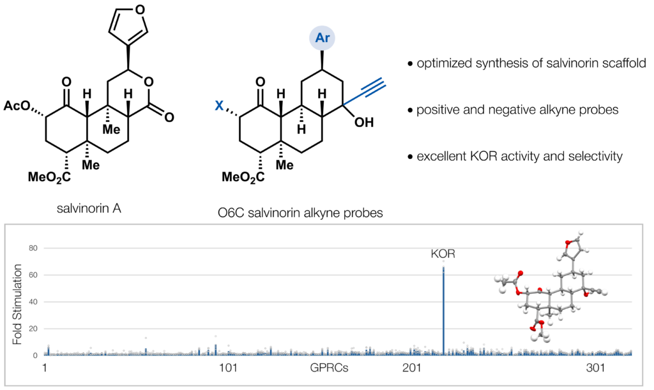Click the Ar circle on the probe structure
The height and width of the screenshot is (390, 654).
point(322,38)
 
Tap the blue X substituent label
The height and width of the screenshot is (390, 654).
point(219,106)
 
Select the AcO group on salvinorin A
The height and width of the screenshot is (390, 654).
point(17,106)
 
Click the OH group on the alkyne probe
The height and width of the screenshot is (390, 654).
point(363,122)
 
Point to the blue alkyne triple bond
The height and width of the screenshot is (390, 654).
point(373,87)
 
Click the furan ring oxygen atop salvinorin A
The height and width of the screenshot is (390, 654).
point(140,9)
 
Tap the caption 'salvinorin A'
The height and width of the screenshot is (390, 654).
point(89,208)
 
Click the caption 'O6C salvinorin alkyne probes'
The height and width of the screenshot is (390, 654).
point(300,213)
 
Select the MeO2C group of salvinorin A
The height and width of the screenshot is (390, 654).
point(49,177)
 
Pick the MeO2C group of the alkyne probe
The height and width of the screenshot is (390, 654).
point(243,177)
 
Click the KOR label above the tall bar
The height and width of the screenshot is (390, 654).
point(443,254)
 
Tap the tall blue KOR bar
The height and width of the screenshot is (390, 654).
point(443,311)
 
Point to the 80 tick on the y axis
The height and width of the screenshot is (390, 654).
point(33,248)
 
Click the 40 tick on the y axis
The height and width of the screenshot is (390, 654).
point(33,302)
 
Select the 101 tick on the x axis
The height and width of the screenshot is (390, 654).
point(228,368)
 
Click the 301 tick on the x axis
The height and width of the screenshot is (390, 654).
point(596,368)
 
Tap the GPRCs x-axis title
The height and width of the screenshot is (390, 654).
point(329,368)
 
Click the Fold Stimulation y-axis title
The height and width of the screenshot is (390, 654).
point(17,304)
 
